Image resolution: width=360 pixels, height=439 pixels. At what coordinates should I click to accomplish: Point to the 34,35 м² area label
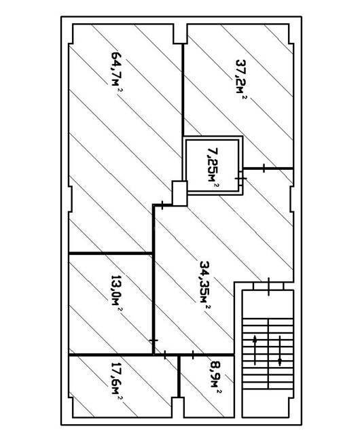tap(205, 285)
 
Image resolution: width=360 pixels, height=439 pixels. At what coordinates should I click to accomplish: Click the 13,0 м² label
tap(117, 294)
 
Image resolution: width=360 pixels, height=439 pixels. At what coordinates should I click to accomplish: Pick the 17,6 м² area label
tap(118, 382)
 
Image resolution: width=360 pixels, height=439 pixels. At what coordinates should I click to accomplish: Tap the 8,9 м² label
tap(215, 378)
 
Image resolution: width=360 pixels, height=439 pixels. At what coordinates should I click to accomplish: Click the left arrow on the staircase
tap(255, 349)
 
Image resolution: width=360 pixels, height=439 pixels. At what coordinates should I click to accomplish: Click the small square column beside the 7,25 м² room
tap(179, 194)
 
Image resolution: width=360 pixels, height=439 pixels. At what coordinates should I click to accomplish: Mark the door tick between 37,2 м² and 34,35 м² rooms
tap(264, 168)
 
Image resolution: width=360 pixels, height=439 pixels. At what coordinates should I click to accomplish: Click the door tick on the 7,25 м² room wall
tap(240, 178)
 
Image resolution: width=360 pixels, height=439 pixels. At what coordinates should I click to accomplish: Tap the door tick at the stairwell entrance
tap(269, 286)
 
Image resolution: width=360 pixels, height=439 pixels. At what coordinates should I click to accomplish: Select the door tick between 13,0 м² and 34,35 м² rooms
tap(154, 340)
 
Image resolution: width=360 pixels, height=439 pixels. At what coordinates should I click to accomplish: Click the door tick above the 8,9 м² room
tap(193, 355)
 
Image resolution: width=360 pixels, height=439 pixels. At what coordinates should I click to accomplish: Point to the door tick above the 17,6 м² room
tap(165, 355)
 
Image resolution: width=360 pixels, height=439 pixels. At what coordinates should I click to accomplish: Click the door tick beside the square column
tap(162, 205)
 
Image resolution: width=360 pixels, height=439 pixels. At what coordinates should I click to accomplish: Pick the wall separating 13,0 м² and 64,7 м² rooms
tap(111, 253)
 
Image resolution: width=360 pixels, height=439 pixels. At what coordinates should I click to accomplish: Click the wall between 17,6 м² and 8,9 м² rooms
tap(179, 376)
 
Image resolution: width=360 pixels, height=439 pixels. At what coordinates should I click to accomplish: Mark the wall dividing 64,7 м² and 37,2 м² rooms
tap(183, 90)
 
